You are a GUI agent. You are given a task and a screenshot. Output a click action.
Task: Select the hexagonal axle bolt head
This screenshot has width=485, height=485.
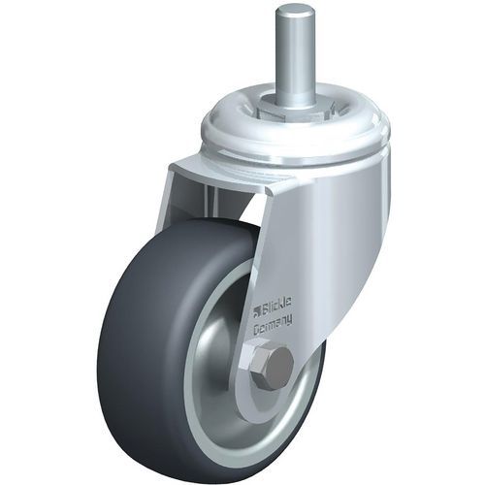(x=277, y=367)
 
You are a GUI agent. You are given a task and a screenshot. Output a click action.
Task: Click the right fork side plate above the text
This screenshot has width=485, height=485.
(x=291, y=242)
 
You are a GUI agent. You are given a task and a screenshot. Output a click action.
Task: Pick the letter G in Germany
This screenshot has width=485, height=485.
(x=257, y=332)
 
